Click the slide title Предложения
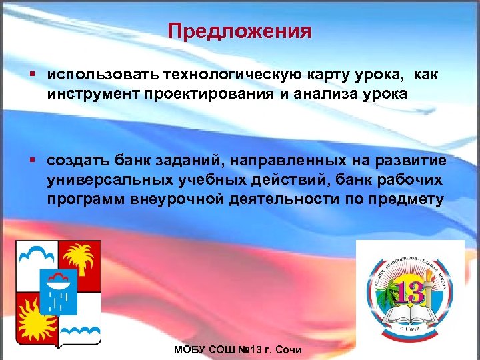[239, 31]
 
